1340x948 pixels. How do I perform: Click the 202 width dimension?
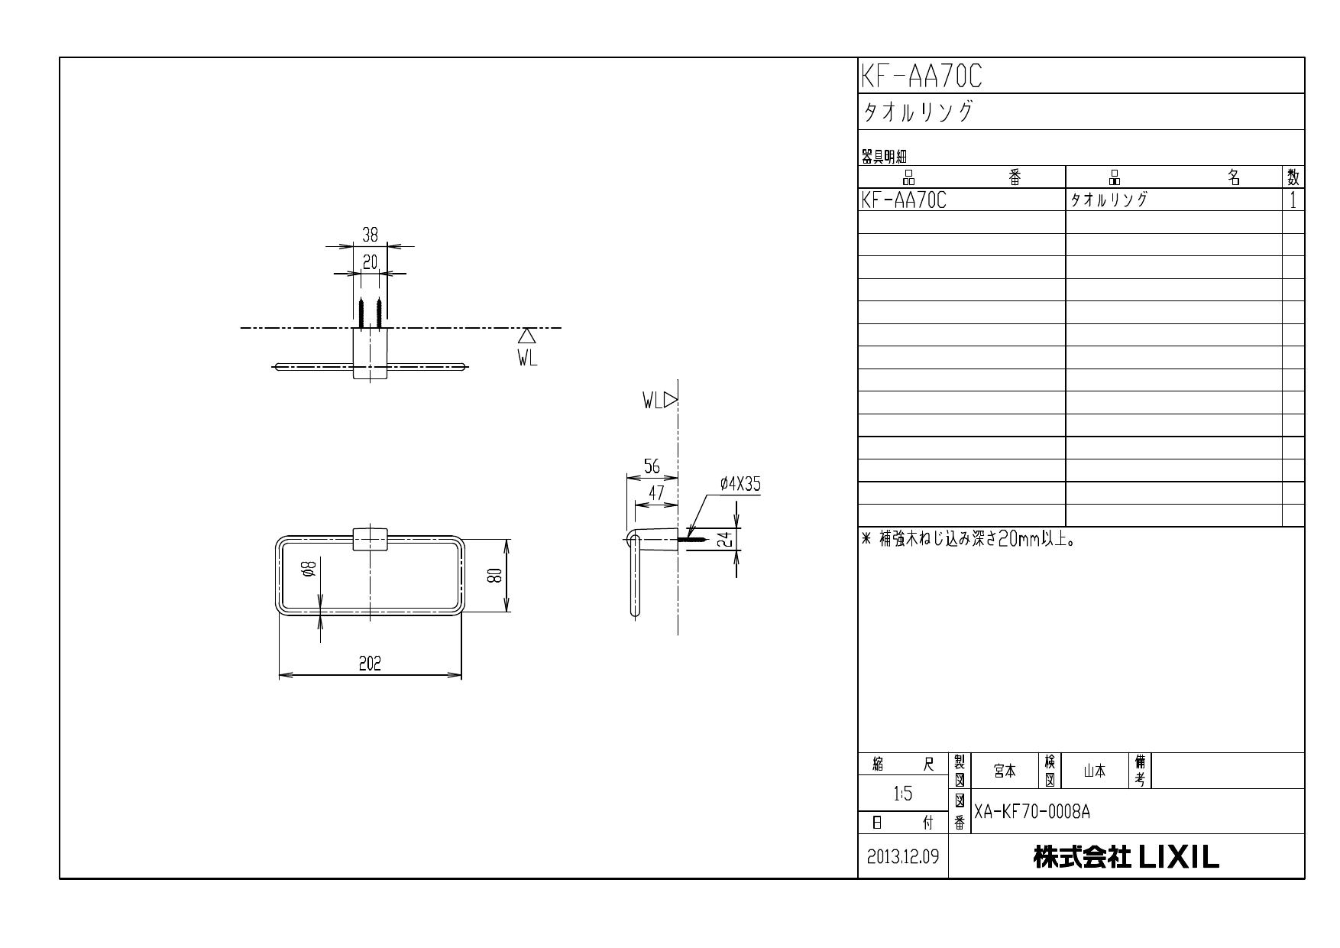pos(371,664)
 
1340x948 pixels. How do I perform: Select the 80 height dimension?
pos(494,576)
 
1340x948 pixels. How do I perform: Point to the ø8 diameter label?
pos(308,570)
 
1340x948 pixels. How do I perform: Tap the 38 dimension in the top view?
pos(370,235)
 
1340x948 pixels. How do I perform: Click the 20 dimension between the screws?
pos(370,263)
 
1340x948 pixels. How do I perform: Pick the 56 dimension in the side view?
pos(652,467)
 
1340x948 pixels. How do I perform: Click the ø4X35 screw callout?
pos(740,485)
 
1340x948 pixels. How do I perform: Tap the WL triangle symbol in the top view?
pos(526,336)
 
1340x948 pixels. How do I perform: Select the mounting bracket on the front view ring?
pos(370,539)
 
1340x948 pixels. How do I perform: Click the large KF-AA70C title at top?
pos(922,76)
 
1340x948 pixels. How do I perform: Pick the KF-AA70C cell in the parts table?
pos(904,200)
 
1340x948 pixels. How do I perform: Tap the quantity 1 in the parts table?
pos(1293,200)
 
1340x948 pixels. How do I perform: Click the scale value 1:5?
pos(903,794)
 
